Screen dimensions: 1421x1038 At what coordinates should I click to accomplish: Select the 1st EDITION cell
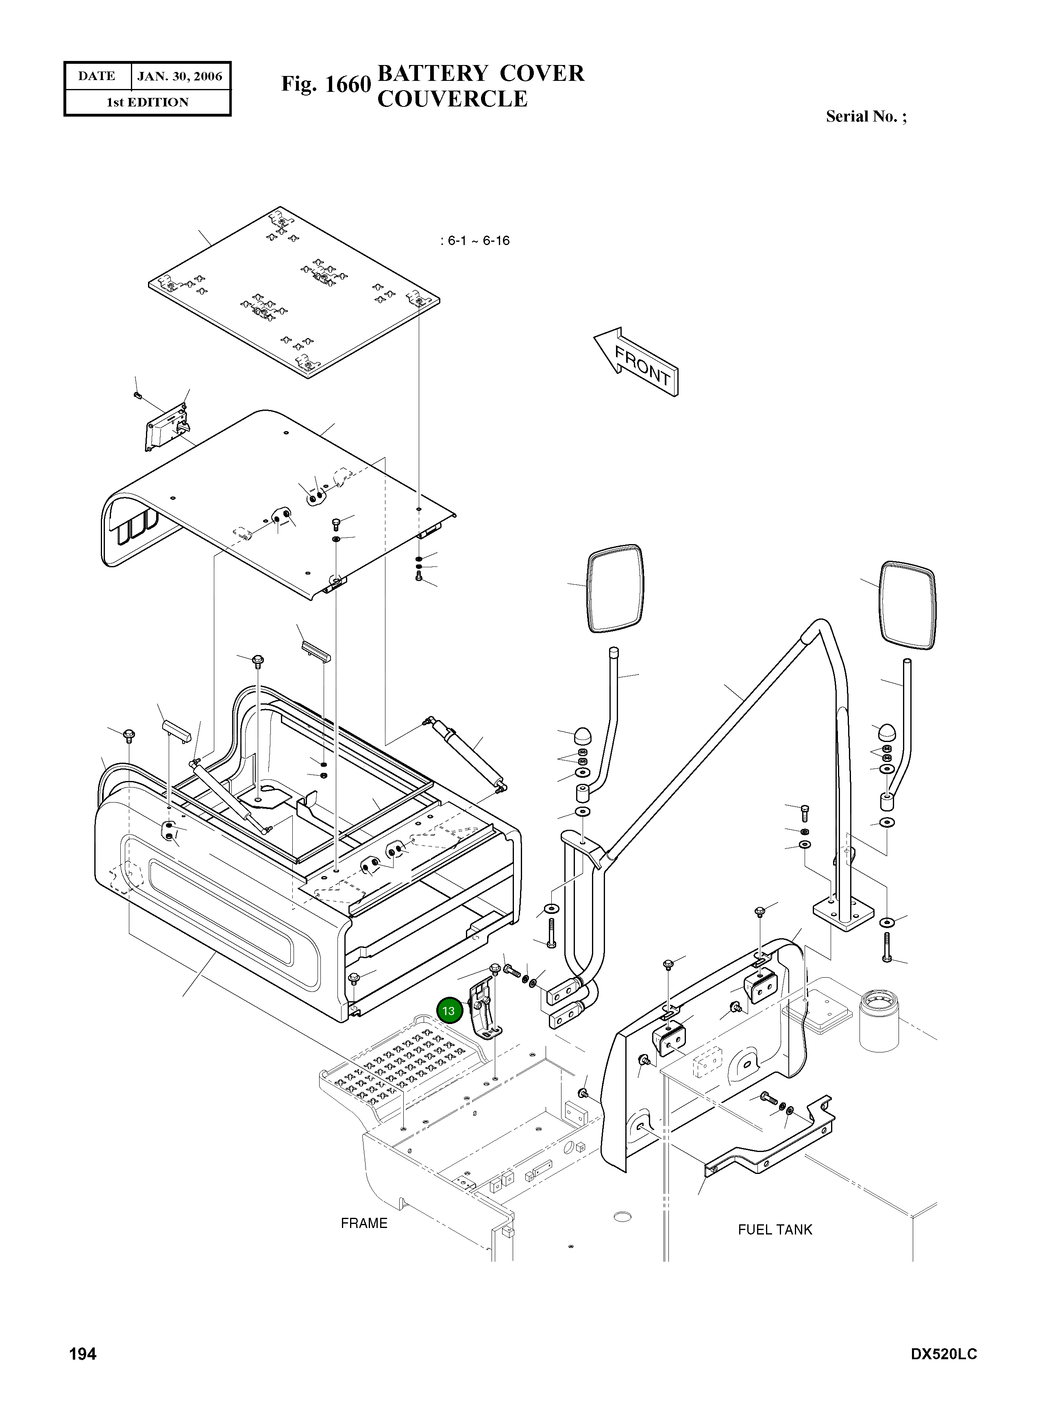[x=148, y=102]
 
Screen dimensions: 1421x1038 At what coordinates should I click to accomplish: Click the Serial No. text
[x=866, y=116]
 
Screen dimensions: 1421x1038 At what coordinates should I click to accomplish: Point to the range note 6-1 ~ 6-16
[x=476, y=241]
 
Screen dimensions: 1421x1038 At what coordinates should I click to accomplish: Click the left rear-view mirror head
[x=615, y=589]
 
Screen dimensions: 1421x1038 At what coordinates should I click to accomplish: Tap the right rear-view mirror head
[x=907, y=604]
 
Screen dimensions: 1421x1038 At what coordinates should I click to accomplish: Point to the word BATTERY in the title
[x=433, y=74]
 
